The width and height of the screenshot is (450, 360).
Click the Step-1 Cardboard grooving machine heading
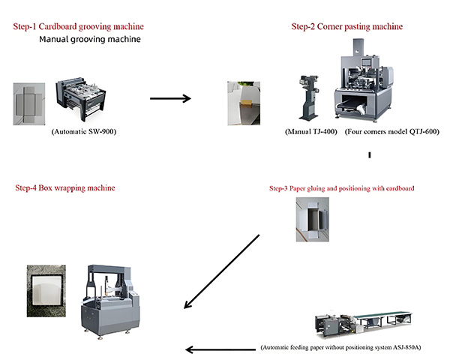point(78,27)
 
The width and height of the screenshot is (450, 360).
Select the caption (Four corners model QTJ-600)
point(391,131)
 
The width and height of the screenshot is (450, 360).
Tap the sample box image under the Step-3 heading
point(311,217)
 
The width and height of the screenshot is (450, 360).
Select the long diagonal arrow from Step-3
point(221,271)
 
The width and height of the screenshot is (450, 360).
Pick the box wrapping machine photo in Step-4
point(109,298)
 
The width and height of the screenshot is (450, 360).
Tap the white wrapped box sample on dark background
point(47,287)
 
